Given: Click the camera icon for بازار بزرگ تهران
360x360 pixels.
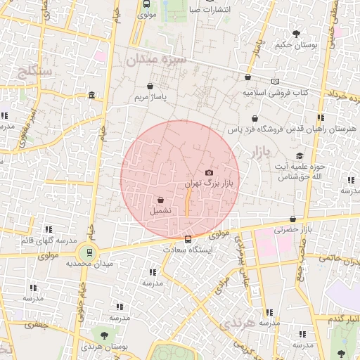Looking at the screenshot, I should (209, 172).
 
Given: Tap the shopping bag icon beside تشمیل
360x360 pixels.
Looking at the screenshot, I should (160, 200).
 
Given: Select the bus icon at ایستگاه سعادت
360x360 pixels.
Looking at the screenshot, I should (187, 238).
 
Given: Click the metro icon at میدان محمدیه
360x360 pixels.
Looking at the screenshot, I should (89, 252).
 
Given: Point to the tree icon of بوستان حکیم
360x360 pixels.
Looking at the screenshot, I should (296, 33).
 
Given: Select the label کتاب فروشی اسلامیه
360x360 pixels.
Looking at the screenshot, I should (276, 92).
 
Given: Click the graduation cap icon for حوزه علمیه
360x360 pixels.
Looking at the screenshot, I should (300, 155).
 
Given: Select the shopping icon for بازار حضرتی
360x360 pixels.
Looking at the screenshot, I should (292, 219).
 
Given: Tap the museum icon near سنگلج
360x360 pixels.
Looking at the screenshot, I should (92, 96).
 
